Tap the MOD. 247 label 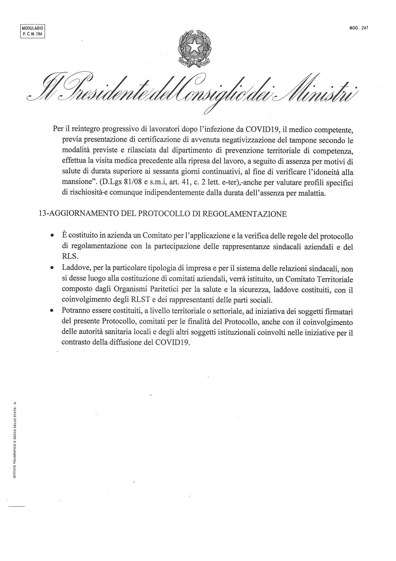pos(359,28)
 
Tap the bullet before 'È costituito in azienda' pos(51,236)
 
